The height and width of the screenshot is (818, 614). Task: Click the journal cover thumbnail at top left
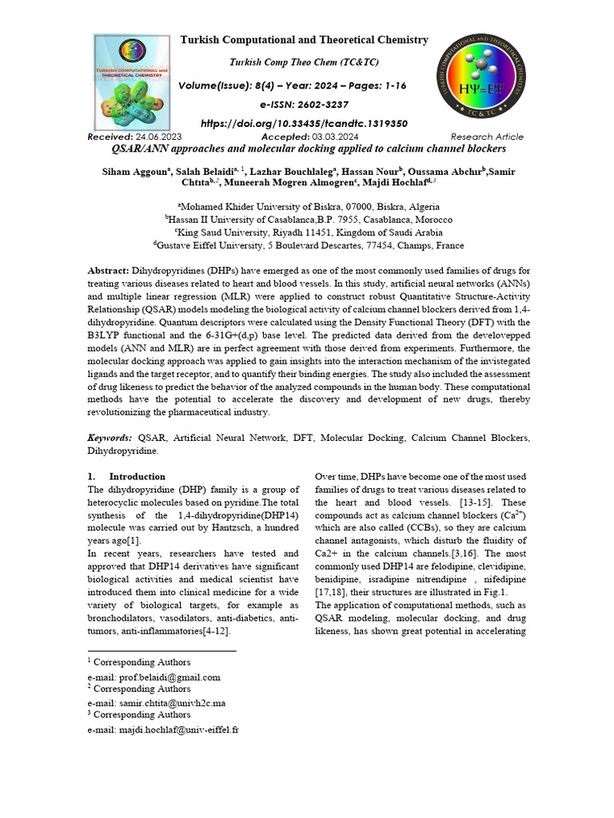(132, 83)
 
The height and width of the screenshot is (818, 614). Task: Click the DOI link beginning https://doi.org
(304, 124)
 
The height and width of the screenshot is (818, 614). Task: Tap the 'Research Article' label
(487, 137)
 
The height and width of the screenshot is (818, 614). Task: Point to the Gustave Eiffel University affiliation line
(307, 245)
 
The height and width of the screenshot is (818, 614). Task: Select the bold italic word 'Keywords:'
(110, 438)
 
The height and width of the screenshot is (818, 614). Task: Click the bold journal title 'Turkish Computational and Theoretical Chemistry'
(304, 40)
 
